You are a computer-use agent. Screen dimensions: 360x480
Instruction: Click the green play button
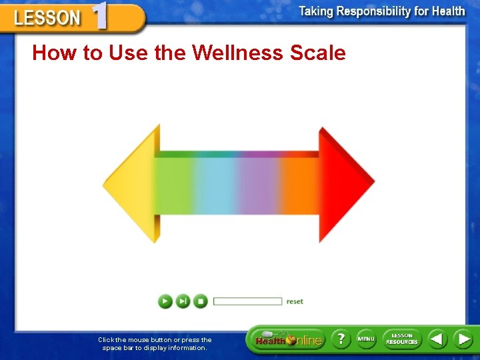click(165, 301)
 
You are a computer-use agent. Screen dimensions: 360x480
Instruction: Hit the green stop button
click(200, 301)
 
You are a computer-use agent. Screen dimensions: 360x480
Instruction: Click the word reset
click(295, 301)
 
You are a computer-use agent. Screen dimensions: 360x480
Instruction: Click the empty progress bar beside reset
click(247, 301)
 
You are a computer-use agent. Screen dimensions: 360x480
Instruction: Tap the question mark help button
click(340, 339)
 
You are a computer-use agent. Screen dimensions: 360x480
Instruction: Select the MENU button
click(366, 339)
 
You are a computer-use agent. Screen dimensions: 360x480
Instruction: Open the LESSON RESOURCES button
click(402, 339)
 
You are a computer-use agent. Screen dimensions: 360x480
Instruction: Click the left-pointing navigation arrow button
click(437, 339)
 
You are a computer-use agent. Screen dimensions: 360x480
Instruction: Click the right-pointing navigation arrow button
click(463, 339)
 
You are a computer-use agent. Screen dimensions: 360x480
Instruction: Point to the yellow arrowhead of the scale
click(137, 184)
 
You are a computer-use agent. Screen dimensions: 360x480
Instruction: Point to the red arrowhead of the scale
click(344, 184)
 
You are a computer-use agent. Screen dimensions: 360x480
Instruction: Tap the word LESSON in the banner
click(47, 19)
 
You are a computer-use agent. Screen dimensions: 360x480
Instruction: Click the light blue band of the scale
click(212, 184)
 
